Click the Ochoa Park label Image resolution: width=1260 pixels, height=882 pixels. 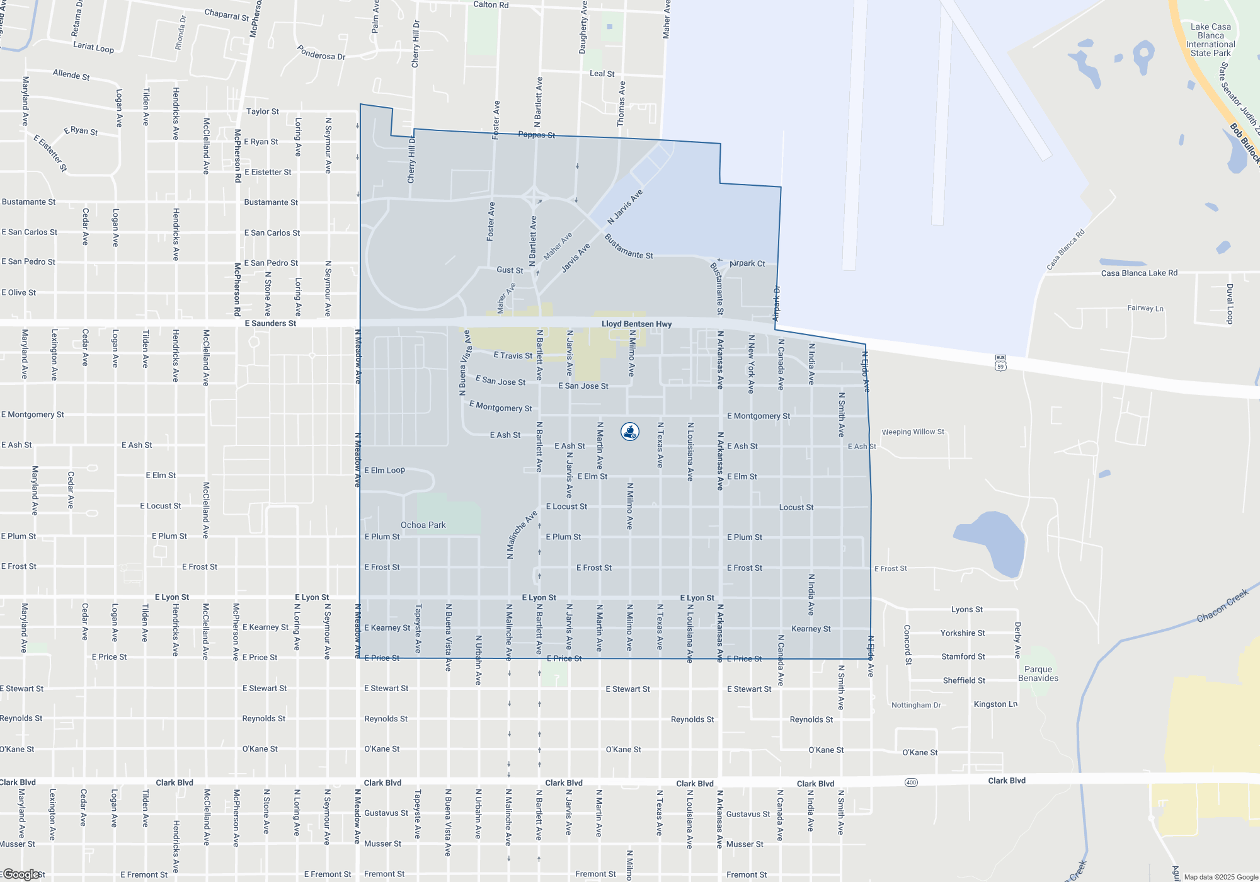click(x=423, y=525)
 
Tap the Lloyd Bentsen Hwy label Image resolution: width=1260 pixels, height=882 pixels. click(x=636, y=324)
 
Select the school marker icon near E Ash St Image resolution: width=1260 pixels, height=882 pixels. click(x=630, y=432)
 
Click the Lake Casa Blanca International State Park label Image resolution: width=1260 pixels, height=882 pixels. click(x=1210, y=40)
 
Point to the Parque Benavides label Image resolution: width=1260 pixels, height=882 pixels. click(x=1038, y=673)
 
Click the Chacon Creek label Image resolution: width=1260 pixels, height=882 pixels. click(x=1222, y=605)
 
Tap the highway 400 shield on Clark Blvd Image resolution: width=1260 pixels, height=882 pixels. click(x=911, y=782)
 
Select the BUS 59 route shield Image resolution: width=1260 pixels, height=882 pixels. click(x=1000, y=363)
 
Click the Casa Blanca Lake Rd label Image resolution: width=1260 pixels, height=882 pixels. click(x=1139, y=273)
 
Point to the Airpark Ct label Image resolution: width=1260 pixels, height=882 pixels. click(x=747, y=263)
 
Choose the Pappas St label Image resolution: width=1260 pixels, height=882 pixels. click(x=537, y=135)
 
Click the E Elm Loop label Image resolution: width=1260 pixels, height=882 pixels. click(x=384, y=470)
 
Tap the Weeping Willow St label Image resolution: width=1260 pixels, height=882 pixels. click(x=913, y=432)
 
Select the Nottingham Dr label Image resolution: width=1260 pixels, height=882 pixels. click(x=916, y=705)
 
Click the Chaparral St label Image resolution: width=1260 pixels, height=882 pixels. click(x=227, y=14)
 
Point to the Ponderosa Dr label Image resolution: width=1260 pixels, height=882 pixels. click(x=321, y=52)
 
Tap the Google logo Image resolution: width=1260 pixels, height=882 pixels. click(x=21, y=874)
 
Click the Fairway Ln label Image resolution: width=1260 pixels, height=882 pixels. click(x=1145, y=308)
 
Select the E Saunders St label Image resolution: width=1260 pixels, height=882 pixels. click(x=270, y=323)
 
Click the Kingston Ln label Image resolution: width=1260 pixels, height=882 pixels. click(x=995, y=704)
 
